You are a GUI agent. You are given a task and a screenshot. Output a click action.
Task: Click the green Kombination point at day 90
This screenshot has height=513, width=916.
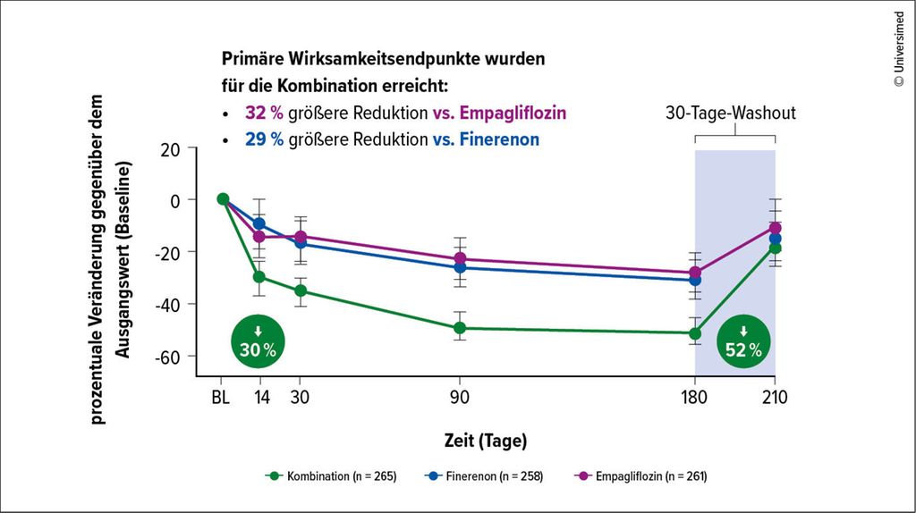click(x=460, y=328)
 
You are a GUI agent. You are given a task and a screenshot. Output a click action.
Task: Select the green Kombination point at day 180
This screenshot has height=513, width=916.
click(x=695, y=333)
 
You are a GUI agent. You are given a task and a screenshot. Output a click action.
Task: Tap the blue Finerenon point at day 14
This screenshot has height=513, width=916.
click(x=259, y=223)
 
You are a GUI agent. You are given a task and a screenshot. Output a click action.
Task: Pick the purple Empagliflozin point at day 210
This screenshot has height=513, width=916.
click(x=775, y=228)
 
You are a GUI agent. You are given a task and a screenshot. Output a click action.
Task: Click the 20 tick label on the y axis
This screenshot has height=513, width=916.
click(x=170, y=148)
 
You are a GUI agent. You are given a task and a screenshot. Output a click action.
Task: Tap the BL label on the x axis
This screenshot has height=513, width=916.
click(x=221, y=398)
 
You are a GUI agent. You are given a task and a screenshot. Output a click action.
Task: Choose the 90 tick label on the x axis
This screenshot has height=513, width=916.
click(x=460, y=398)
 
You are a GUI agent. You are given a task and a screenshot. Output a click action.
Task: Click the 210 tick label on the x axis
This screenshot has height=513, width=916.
click(x=775, y=398)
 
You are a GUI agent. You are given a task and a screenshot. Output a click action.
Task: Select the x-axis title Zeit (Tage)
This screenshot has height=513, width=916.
click(x=486, y=441)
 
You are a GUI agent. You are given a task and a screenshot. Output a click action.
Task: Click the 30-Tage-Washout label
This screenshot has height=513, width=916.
click(x=731, y=114)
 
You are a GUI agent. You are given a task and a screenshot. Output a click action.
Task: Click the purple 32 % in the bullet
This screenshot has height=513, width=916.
click(x=265, y=114)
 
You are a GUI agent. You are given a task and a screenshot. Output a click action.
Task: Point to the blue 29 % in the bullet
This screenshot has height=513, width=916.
click(x=265, y=139)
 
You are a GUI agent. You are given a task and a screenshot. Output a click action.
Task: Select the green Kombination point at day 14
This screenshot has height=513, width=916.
click(x=259, y=277)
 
